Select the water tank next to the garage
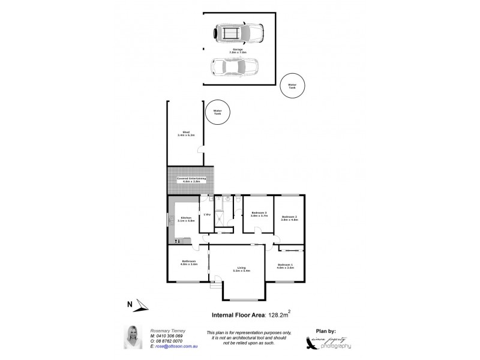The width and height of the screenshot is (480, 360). [x=292, y=86]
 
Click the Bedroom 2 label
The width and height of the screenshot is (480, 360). [x=290, y=218]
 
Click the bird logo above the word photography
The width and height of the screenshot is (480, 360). [x=328, y=339]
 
